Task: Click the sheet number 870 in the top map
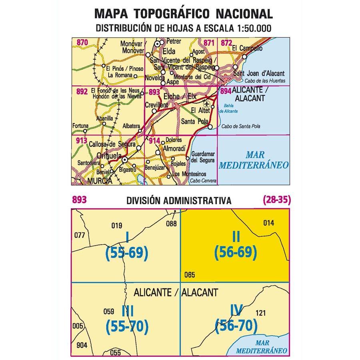(82, 42)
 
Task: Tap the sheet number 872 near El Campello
(226, 43)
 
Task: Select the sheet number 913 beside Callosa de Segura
(81, 140)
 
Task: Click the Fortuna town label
(80, 126)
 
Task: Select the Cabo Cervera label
(203, 181)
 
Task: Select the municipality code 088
(171, 224)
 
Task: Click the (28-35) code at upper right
(277, 200)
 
